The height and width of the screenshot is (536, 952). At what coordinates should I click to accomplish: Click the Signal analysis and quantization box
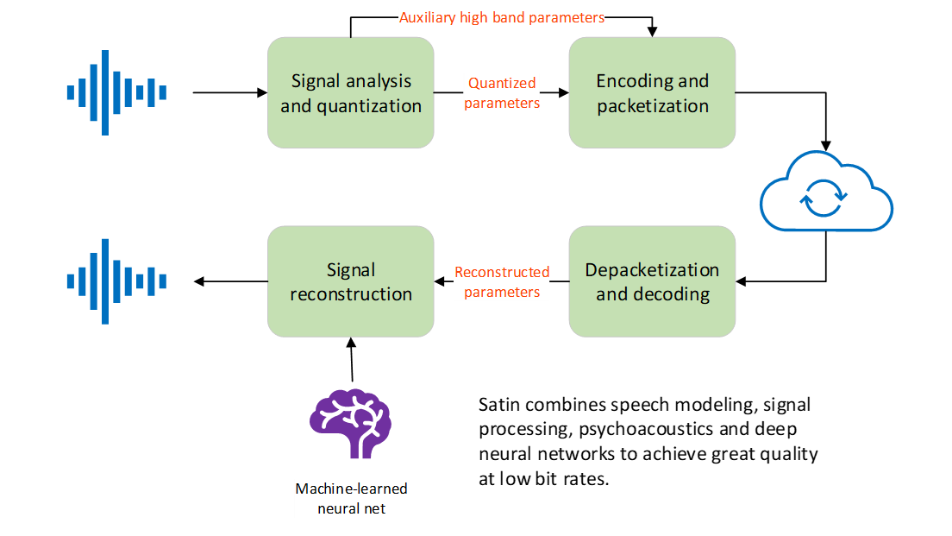351,93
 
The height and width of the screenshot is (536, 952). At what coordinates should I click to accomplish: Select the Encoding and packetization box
652,93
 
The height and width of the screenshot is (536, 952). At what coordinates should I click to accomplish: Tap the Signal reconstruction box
351,281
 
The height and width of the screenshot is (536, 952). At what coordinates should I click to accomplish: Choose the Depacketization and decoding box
652,281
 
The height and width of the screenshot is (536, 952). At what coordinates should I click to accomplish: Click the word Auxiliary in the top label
429,17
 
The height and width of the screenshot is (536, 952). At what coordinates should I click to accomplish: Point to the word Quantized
502,84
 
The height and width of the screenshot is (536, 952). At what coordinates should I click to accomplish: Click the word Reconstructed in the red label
502,272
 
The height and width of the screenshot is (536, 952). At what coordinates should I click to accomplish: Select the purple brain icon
351,421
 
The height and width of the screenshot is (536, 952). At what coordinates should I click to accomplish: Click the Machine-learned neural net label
351,499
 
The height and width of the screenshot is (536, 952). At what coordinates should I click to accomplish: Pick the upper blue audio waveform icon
116,92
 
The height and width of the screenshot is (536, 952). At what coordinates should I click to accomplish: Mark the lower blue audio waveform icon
116,281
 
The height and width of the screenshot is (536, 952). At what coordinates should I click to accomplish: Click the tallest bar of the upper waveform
104,92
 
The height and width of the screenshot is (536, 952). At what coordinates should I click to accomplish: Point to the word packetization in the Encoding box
653,106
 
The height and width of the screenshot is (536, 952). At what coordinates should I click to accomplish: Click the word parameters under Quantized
502,104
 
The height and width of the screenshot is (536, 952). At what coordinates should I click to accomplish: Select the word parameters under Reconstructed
502,292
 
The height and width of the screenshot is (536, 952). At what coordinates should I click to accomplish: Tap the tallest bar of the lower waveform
104,281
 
